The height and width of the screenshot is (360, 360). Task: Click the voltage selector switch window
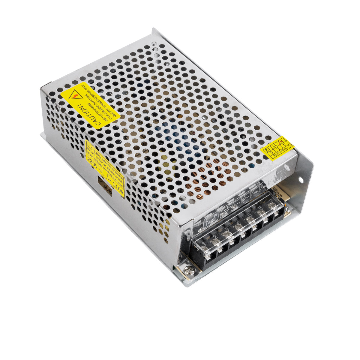tap(104, 185)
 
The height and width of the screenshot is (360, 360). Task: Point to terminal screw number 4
tap(239, 226)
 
